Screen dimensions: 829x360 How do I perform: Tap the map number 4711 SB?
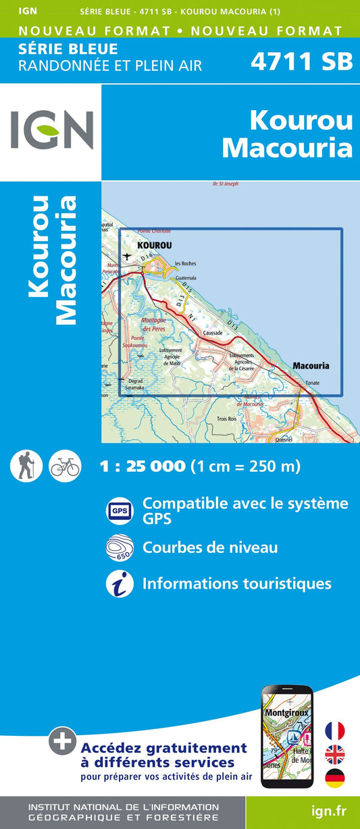(x=301, y=61)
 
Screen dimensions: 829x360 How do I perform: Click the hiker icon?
(x=26, y=465)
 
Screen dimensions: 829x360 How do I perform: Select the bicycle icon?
(x=65, y=465)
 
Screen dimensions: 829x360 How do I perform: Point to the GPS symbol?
(x=120, y=511)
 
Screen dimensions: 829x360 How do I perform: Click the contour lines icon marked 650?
(x=120, y=547)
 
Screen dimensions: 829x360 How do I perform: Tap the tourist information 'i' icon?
(x=120, y=583)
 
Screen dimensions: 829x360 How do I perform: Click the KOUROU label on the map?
(x=154, y=246)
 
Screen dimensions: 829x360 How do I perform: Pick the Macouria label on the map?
(x=311, y=366)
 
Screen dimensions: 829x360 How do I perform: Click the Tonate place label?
(x=312, y=383)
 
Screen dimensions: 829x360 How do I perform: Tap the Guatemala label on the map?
(x=185, y=277)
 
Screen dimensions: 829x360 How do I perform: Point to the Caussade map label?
(x=212, y=333)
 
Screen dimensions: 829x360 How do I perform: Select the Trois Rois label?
(x=226, y=419)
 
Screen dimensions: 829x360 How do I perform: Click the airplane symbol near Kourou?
(x=128, y=256)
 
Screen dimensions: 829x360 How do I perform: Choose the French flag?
(x=335, y=730)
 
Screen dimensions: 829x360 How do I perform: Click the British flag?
(x=335, y=754)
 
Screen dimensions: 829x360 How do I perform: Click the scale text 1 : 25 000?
(x=142, y=466)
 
